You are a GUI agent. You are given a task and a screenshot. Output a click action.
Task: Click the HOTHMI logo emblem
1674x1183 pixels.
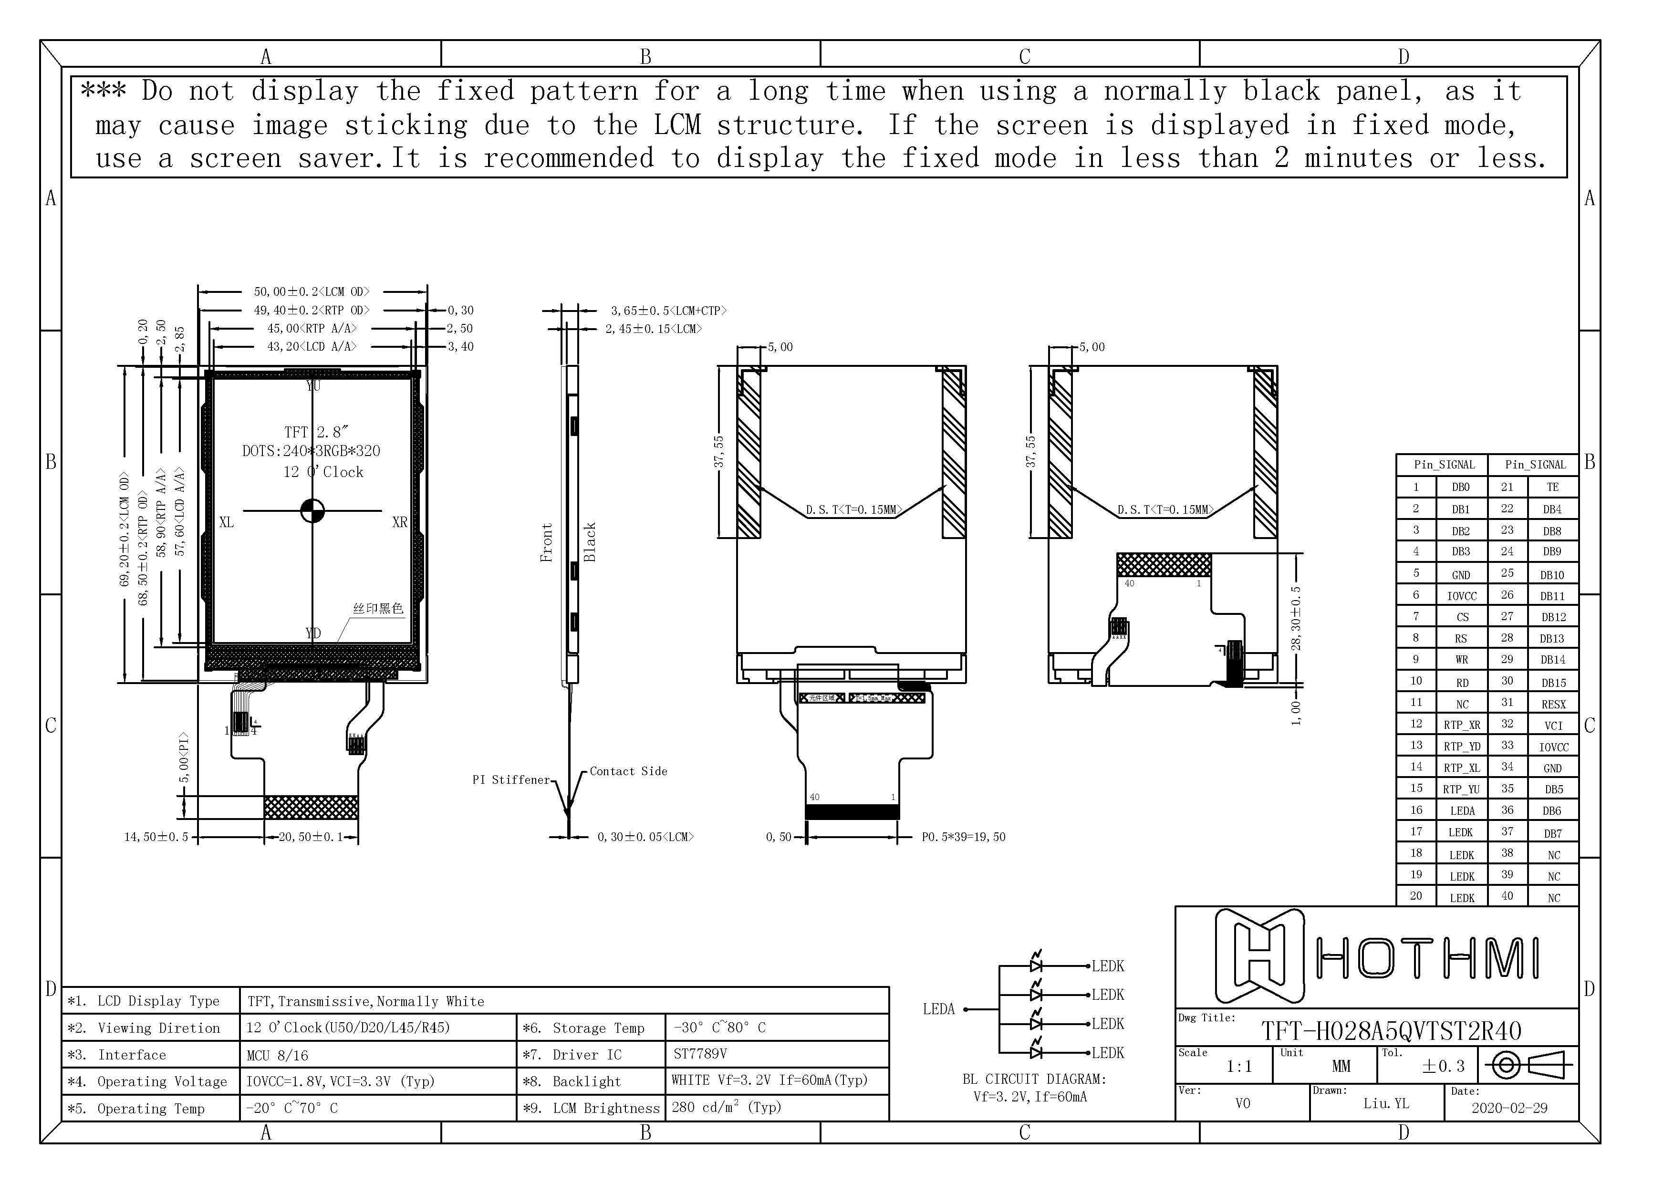coord(1259,955)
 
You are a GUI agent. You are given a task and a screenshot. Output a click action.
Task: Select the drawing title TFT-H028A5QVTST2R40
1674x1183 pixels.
coord(1391,1031)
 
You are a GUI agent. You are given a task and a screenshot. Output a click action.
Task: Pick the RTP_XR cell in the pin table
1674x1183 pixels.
coord(1462,725)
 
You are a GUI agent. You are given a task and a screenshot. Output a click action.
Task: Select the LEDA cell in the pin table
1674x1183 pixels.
coord(1462,810)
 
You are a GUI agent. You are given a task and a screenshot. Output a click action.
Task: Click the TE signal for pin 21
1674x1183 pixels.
coord(1552,487)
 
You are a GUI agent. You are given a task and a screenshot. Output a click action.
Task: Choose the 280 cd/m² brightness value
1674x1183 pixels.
coord(726,1107)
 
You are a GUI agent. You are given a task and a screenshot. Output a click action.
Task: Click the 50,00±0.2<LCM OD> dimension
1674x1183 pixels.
coord(312,291)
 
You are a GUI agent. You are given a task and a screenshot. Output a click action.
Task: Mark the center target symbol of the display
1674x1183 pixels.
coord(312,511)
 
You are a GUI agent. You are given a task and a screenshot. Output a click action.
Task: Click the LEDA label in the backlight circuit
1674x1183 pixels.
coord(938,1009)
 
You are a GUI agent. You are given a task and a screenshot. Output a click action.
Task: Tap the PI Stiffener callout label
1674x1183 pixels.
coord(510,780)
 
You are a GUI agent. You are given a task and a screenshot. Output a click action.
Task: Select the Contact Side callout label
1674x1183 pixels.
coord(628,771)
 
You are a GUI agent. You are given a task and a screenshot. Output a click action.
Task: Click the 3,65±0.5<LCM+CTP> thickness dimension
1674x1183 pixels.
coord(668,311)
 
